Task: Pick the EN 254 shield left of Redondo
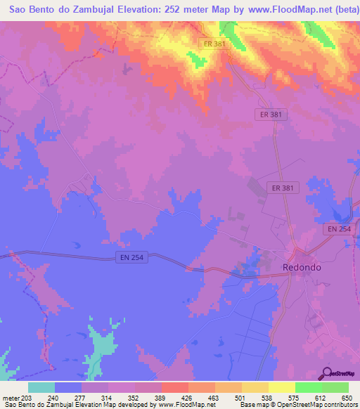coord(131,258)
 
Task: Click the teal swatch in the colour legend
coord(41,387)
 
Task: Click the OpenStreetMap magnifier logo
coord(327,372)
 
